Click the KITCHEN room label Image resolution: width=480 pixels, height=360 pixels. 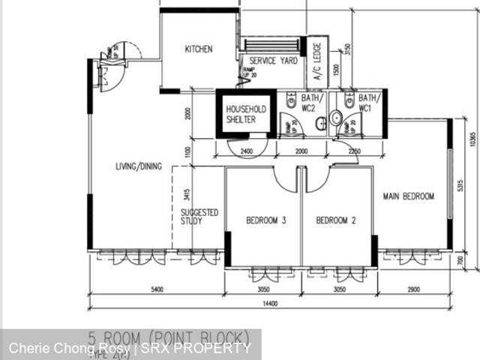(x=199, y=49)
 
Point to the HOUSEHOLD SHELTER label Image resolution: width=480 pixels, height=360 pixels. (x=246, y=114)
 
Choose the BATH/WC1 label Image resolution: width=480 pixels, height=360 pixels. (x=367, y=103)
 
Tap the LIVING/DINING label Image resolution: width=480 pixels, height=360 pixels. (x=139, y=166)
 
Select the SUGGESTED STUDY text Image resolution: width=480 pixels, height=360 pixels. (x=199, y=217)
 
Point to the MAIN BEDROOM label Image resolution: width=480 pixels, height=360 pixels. (x=409, y=196)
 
